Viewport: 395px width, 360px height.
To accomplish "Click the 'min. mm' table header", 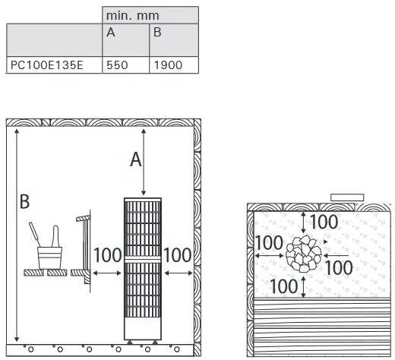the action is [132, 16].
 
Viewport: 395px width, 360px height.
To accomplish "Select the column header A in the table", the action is [111, 32].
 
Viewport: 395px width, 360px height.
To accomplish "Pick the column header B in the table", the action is [157, 32].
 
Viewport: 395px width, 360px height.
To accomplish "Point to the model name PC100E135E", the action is [47, 65].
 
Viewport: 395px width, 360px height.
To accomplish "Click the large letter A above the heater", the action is [136, 159].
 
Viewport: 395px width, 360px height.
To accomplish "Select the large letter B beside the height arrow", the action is [24, 201].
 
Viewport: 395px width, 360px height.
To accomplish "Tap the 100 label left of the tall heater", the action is [108, 255].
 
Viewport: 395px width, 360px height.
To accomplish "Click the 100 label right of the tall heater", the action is [178, 255].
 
